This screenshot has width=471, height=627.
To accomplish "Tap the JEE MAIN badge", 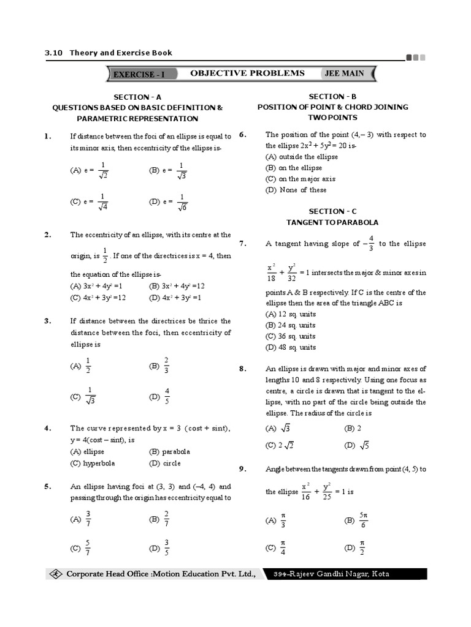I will click(x=344, y=73).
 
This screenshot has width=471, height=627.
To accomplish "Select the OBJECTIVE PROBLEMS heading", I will click(x=247, y=73).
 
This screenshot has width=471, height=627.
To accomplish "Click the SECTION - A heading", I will click(x=137, y=97).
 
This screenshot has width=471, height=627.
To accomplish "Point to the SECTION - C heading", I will click(x=332, y=211).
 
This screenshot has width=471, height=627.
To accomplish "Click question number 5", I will click(x=47, y=486).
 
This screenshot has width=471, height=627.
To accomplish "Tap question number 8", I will click(x=242, y=369).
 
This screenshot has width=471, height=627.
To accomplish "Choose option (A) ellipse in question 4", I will click(x=87, y=452).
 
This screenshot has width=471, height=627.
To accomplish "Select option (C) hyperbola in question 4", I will click(x=92, y=464).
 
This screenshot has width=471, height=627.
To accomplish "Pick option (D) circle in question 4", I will click(x=164, y=464).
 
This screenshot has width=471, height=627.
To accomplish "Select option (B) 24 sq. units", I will click(x=290, y=325).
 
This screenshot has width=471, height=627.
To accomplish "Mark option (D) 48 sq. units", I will click(x=290, y=347).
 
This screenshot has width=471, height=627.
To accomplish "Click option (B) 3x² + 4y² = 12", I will click(x=177, y=286).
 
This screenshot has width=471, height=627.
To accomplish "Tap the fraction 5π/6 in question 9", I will click(x=364, y=520).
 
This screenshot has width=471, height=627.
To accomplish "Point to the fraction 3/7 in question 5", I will click(x=88, y=519).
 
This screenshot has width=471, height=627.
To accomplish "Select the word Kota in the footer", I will click(x=378, y=574).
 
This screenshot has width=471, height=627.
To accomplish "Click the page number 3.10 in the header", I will click(x=54, y=53).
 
